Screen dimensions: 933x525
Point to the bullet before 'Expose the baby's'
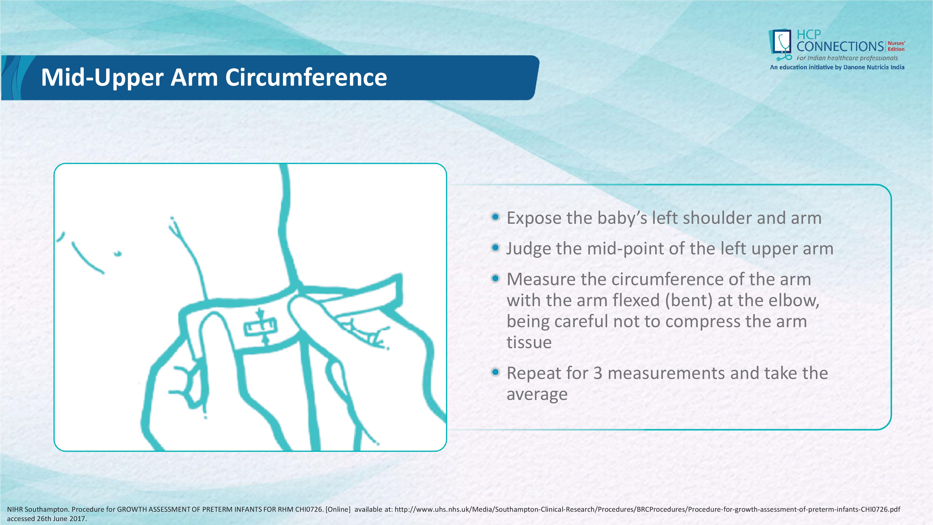(495, 217)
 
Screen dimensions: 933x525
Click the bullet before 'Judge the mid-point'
(495, 248)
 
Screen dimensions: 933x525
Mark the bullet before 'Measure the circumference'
(495, 279)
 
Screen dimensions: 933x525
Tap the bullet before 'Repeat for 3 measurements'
(495, 372)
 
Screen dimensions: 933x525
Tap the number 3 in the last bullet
(598, 373)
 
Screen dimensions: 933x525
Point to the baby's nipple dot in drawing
(118, 254)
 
